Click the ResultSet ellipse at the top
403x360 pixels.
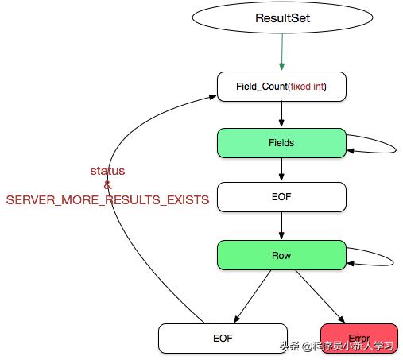pos(282,17)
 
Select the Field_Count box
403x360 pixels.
pos(281,87)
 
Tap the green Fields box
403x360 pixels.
pos(281,143)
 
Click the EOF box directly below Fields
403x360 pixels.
pos(281,197)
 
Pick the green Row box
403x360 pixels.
pos(281,255)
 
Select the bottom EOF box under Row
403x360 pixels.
pos(223,339)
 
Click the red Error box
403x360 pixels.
pos(359,339)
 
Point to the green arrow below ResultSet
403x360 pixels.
pos(282,52)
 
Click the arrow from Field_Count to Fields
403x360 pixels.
pos(281,114)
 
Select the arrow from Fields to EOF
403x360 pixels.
pos(281,169)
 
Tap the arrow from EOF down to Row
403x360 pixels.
pos(281,226)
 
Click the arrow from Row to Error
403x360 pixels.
pos(320,296)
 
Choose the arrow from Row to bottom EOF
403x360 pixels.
pos(253,296)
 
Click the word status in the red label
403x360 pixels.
pos(107,171)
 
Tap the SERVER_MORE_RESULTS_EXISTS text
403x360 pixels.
pos(107,200)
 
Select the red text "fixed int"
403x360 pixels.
pos(308,87)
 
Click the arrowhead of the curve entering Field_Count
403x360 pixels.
pos(213,97)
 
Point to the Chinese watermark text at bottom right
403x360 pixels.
pos(337,346)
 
